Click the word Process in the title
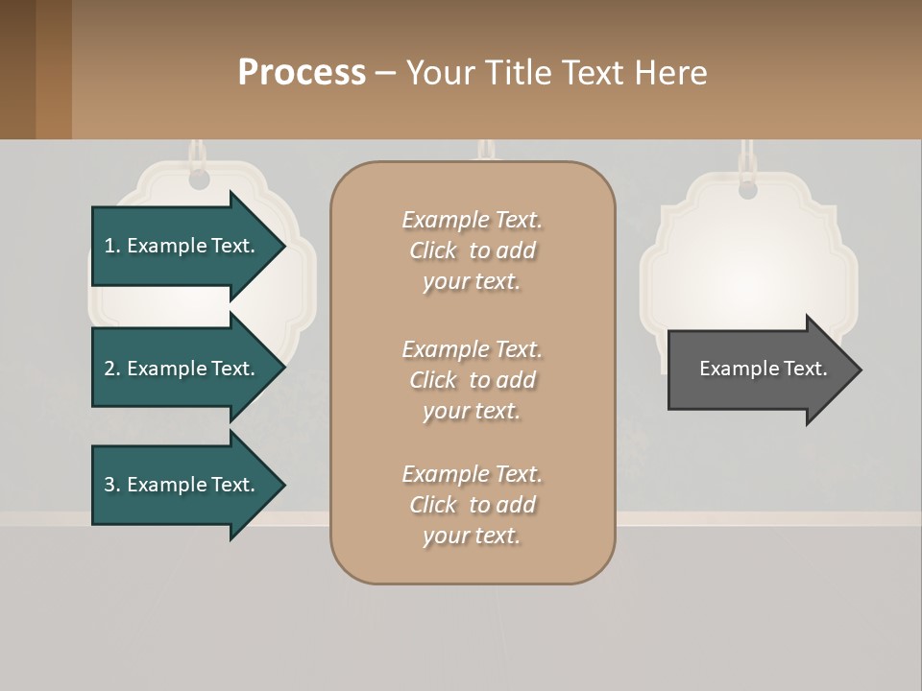302,72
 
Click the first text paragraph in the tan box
472,250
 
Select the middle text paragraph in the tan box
472,380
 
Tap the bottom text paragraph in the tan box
472,505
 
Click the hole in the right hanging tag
747,190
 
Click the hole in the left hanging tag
199,180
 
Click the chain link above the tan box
485,150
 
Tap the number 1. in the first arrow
112,246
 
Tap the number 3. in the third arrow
112,485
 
